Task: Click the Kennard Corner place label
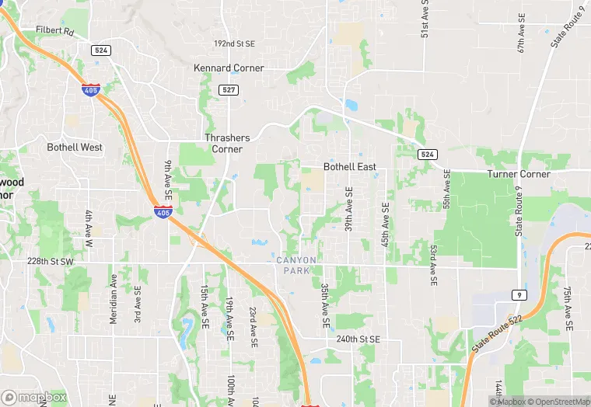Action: coord(229,68)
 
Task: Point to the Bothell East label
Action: coord(350,167)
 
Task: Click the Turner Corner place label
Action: coord(519,174)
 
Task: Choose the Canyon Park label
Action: coord(296,265)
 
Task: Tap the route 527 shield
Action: coord(228,90)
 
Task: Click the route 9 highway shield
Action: coord(519,295)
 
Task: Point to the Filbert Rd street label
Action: coord(54,32)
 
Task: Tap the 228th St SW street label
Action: coord(50,262)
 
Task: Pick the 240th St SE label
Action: coord(358,339)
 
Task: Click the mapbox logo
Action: coord(35,396)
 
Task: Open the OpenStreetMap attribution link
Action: coord(557,402)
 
